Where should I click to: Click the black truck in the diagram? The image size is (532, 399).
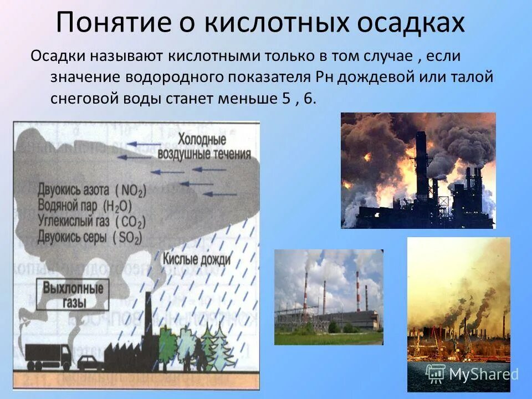pos(49,355)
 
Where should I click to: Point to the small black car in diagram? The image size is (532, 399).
pos(90,362)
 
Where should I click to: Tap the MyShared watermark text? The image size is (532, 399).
pos(483,375)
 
